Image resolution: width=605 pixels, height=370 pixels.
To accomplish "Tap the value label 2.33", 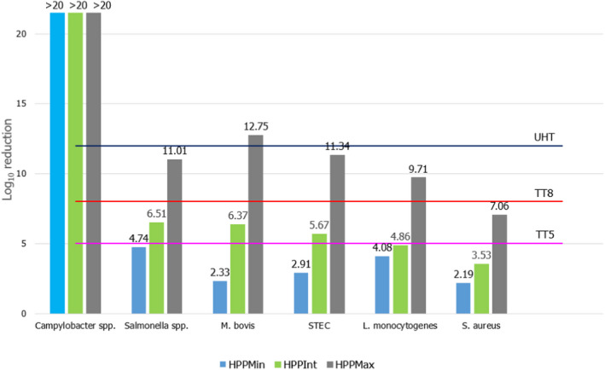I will (x=218, y=273).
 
